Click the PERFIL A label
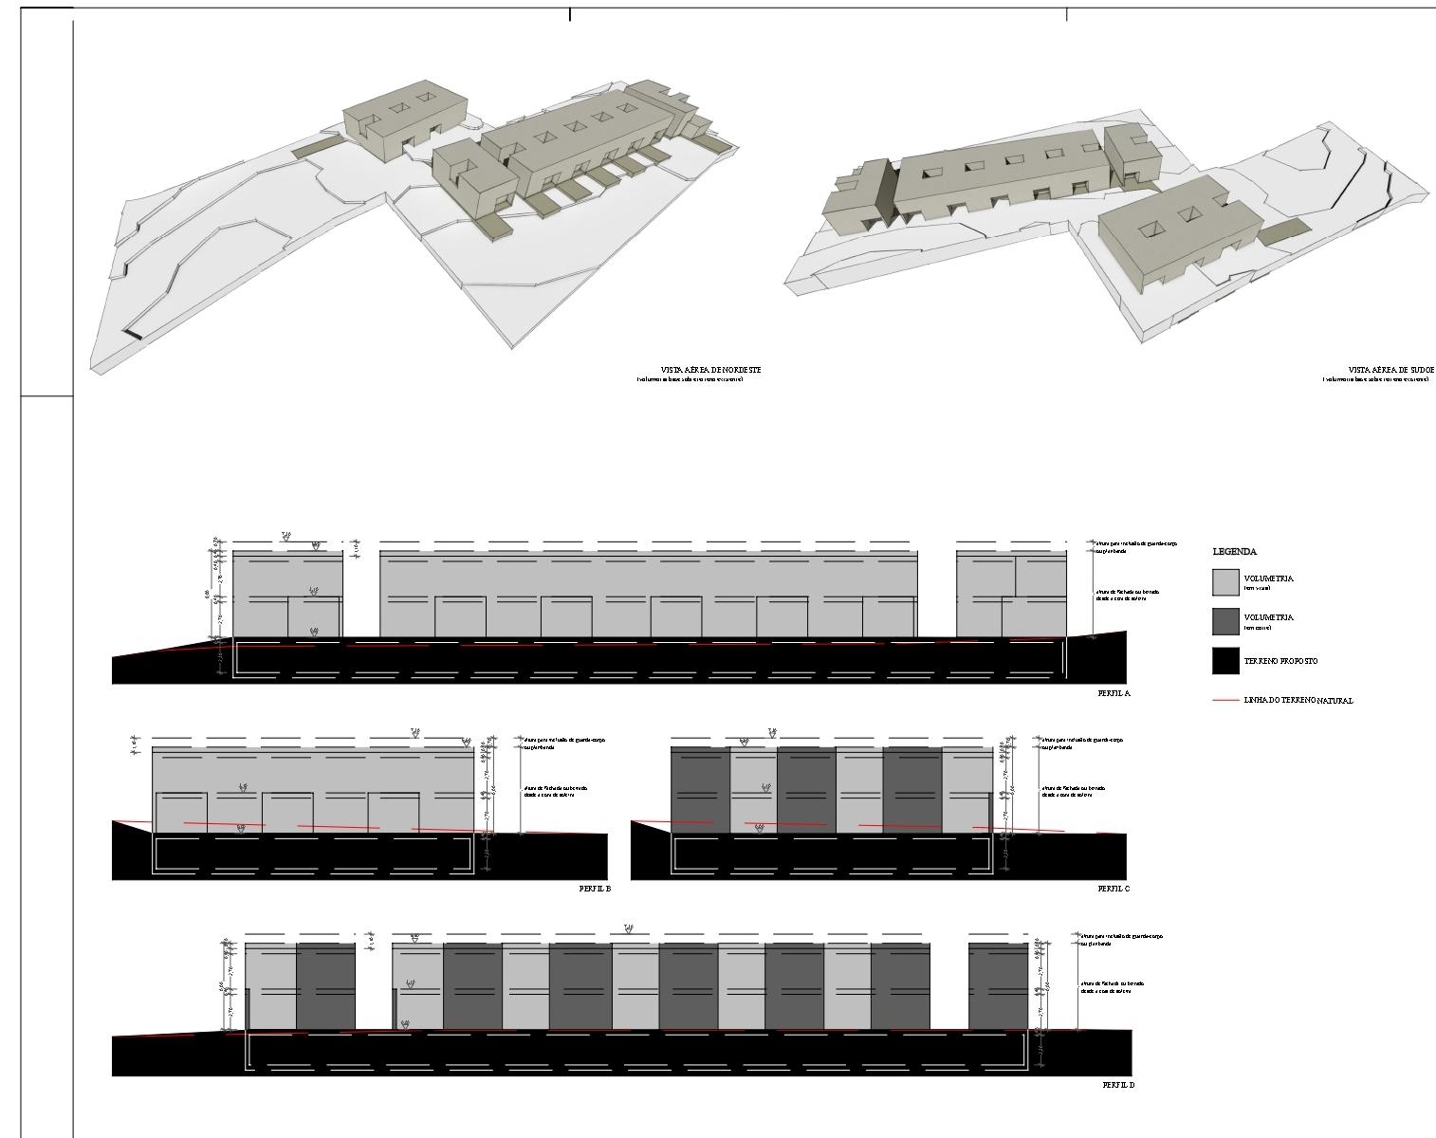(1114, 693)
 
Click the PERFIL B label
(595, 889)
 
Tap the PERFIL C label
(1114, 889)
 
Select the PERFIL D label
(1118, 1085)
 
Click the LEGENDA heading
(1234, 552)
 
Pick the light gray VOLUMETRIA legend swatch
(1225, 582)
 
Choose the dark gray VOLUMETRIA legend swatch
(1225, 621)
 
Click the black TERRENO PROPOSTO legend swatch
(1225, 661)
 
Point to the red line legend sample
(1225, 701)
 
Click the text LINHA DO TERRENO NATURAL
(1298, 701)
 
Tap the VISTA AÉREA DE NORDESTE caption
(710, 370)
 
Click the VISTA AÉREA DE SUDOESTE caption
(1390, 370)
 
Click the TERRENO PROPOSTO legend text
(1280, 661)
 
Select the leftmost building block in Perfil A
(287, 593)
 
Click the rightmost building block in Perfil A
(1011, 593)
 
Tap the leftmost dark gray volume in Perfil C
(700, 790)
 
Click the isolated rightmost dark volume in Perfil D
(998, 985)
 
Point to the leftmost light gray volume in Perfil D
(271, 985)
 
